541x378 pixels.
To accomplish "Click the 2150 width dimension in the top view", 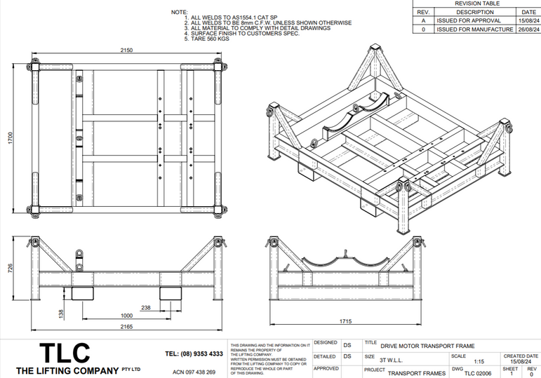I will coord(126,50).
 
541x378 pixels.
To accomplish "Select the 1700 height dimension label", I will coord(11,138).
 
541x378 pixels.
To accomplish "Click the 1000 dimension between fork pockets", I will coord(127,316).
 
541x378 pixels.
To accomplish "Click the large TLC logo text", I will coord(64,353).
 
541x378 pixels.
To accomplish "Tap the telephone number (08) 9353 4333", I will coord(194,353).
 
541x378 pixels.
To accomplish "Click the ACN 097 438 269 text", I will coord(194,372).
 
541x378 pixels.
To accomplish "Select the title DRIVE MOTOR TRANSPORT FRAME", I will coord(427,346).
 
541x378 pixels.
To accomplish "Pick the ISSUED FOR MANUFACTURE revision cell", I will coord(474,29).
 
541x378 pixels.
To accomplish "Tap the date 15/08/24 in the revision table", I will coord(528,21).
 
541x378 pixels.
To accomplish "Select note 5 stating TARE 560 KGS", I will coord(209,39).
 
